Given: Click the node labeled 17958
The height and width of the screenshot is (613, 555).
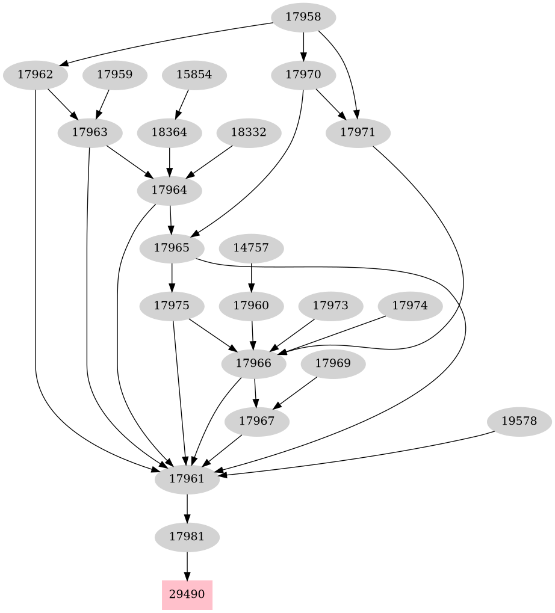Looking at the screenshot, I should (303, 17).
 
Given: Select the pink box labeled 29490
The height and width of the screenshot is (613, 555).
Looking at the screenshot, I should (187, 594).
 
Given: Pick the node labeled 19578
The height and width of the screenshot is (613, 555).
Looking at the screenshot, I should (518, 421).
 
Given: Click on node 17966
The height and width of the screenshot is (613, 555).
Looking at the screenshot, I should (253, 363).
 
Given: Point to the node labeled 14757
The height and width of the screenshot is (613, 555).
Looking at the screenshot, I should (251, 248).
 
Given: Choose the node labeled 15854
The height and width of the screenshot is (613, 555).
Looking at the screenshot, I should (194, 75).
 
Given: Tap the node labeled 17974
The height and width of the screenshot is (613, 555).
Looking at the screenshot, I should (410, 306).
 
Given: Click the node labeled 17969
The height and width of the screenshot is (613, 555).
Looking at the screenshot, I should (333, 363).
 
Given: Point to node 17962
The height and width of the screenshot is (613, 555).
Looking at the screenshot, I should (36, 75).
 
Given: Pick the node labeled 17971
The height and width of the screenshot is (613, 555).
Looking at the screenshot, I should (358, 132).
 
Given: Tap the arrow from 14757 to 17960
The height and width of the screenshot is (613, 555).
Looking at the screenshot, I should (251, 277).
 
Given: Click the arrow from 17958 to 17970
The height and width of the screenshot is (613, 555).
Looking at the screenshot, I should (303, 46).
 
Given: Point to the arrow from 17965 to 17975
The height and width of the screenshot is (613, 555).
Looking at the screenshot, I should (173, 277).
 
